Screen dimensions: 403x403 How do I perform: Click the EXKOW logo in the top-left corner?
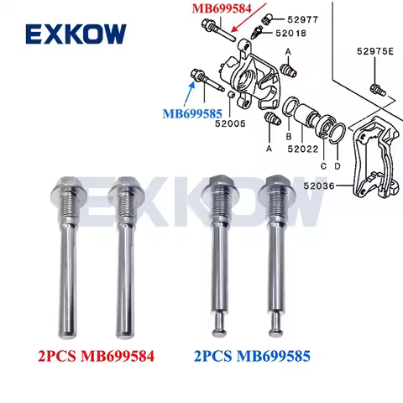[76, 34]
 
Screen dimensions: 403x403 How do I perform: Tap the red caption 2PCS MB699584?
[92, 357]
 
